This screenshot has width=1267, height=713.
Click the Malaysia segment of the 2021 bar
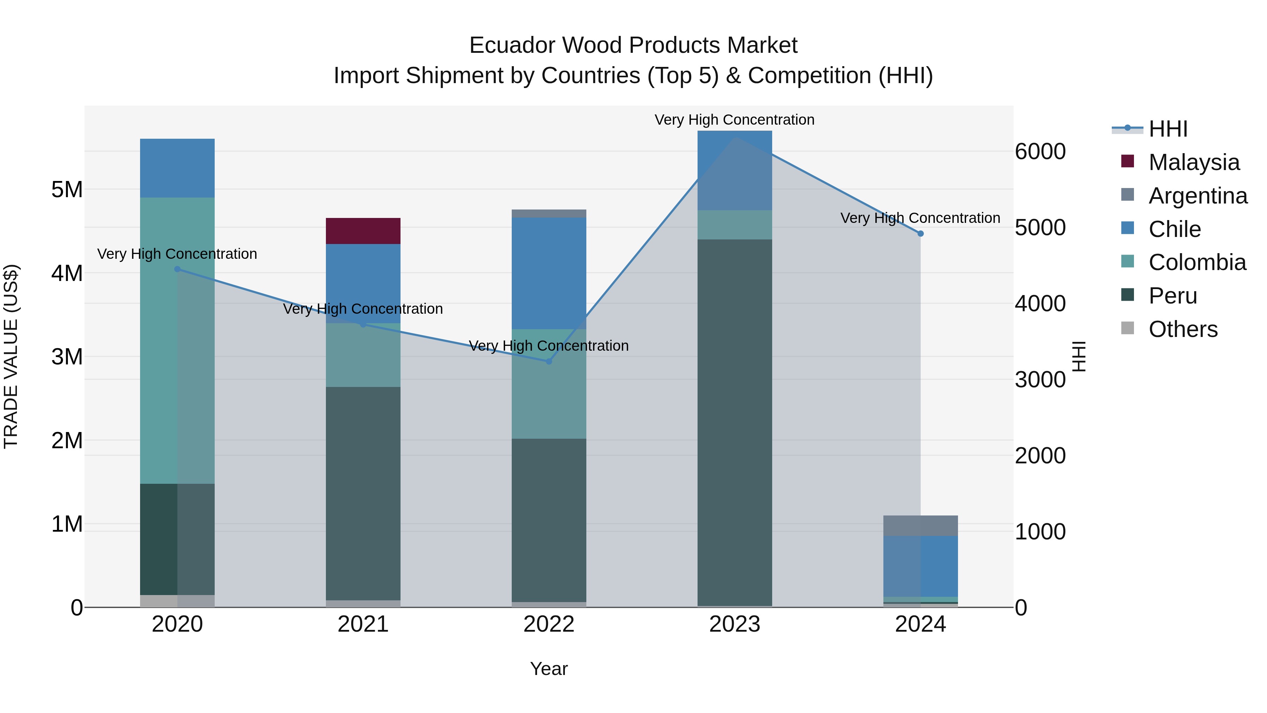(363, 231)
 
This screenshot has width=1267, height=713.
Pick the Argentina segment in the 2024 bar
(920, 526)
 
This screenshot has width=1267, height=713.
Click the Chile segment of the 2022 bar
(549, 273)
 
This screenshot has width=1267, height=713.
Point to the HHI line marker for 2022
(549, 361)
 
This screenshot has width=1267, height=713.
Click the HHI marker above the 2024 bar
(920, 234)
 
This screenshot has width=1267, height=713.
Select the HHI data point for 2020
(178, 269)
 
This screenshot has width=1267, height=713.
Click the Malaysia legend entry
(1194, 162)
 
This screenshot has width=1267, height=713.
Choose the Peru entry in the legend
(1173, 296)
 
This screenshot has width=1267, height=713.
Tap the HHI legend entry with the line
(1168, 129)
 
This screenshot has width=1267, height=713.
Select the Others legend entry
(1183, 329)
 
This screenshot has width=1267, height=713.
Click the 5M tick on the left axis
(67, 189)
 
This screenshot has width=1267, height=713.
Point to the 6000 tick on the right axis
(1040, 151)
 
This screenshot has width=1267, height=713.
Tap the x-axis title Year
(549, 669)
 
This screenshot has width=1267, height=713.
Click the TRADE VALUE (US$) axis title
(11, 356)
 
